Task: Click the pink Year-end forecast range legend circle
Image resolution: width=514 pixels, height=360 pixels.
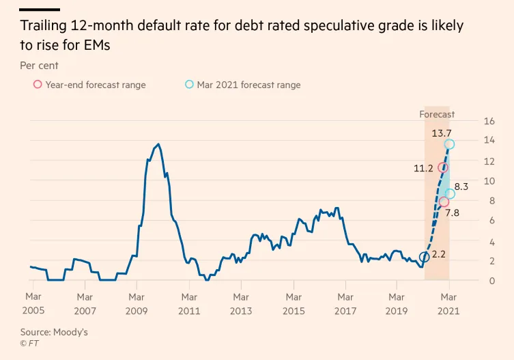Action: click(37, 85)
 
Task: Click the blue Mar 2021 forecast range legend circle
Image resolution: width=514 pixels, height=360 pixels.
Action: click(189, 85)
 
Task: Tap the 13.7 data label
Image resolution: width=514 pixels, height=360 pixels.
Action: click(442, 133)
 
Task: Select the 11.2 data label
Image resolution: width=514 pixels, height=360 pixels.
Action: click(423, 168)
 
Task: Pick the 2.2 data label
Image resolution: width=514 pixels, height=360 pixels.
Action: click(439, 254)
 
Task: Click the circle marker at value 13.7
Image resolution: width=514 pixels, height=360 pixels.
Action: click(449, 144)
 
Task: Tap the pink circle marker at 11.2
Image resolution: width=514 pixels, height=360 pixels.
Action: click(443, 167)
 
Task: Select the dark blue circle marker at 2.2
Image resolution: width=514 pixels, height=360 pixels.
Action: click(424, 257)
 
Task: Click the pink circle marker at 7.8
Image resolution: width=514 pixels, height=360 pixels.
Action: click(444, 202)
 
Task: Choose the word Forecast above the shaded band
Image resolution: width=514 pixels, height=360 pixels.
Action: click(437, 114)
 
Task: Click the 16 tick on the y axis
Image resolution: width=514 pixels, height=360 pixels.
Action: click(488, 122)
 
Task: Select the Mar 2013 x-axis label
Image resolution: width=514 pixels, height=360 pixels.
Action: click(241, 303)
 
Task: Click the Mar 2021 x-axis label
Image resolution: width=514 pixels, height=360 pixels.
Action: click(448, 303)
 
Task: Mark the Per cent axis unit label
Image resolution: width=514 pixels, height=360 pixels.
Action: click(39, 66)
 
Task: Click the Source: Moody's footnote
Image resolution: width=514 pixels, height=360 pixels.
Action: click(54, 332)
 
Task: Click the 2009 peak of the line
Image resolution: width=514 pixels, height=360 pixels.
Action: click(158, 144)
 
